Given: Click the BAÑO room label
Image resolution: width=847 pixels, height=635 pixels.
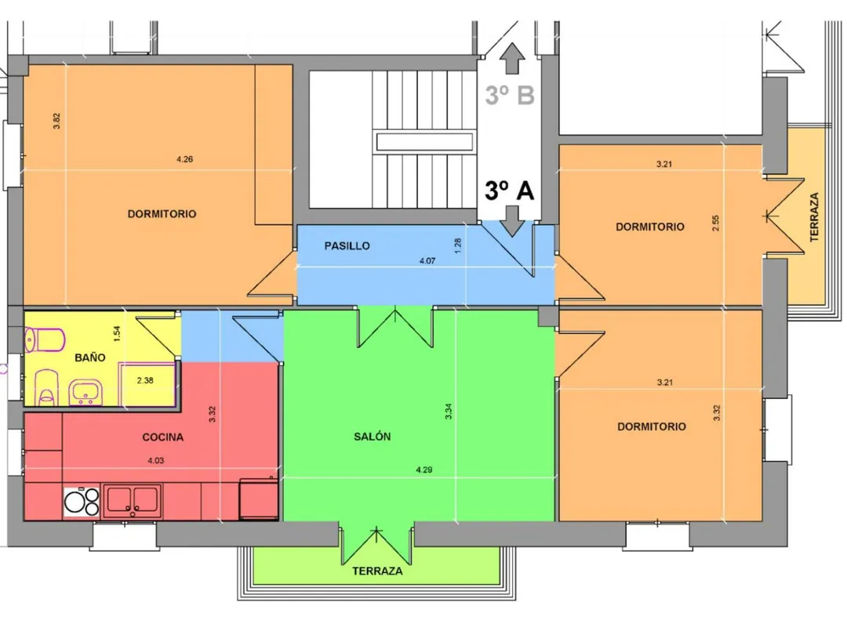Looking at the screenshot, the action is tap(89, 357).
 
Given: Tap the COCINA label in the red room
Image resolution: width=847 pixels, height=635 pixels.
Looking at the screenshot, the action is tap(162, 437).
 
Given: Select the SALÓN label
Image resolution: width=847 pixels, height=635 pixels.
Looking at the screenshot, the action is tap(373, 437).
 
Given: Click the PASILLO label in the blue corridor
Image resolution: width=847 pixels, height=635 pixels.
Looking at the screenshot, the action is tap(347, 246).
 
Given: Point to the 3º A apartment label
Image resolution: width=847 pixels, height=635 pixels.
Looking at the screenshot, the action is tap(510, 190).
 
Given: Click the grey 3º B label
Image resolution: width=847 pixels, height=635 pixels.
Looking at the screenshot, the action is tap(510, 95).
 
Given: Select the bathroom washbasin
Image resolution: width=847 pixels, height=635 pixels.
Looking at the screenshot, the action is tap(85, 391).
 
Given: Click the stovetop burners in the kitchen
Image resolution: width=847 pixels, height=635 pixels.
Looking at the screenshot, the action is tap(82, 502).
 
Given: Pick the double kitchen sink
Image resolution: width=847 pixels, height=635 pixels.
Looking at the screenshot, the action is tap(133, 500).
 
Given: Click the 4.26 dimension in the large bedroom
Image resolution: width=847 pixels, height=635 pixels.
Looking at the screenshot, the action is tap(185, 159).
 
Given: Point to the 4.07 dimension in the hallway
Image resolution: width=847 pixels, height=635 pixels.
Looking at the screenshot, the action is tap(427, 261).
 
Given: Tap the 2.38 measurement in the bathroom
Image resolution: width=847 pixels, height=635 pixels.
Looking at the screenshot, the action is tap(145, 381).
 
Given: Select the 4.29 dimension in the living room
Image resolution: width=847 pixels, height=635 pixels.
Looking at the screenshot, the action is tap(424, 470).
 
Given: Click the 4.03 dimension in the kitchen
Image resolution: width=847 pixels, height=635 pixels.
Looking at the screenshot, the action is tap(155, 461).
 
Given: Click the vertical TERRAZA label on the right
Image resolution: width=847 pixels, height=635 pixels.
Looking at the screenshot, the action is tap(814, 217).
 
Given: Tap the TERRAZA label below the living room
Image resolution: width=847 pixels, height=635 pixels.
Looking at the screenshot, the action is tap(377, 571).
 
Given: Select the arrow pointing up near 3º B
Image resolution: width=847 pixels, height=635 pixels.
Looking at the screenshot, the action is tap(511, 58).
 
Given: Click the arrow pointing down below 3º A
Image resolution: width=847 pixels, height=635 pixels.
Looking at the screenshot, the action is tap(511, 221).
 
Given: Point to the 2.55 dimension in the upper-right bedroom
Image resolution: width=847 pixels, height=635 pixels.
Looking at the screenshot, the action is tap(716, 223).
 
